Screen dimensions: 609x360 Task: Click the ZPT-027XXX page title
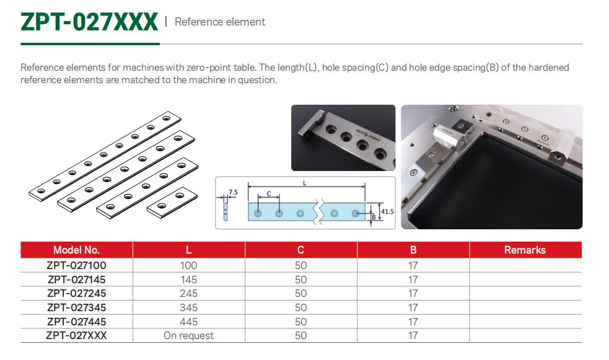[89, 22]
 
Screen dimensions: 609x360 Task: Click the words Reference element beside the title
[220, 22]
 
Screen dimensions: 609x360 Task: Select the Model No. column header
[77, 250]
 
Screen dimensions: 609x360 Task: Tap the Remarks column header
[525, 250]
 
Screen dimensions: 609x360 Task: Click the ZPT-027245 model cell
[77, 293]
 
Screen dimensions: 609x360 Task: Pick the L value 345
[189, 307]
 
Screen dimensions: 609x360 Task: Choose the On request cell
[188, 336]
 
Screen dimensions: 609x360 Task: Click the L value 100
[189, 265]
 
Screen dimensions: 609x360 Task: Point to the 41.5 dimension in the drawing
[387, 212]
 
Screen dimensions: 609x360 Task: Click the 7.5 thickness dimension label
[233, 192]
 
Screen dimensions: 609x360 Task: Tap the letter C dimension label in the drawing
[269, 193]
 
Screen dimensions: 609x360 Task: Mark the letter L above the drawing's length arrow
[305, 183]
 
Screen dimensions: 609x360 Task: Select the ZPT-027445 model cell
[77, 322]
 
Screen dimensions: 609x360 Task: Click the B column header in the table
[413, 250]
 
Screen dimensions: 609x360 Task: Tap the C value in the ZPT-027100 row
[300, 265]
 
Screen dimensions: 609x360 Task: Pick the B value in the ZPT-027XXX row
[413, 336]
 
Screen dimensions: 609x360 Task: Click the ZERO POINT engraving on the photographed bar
[368, 134]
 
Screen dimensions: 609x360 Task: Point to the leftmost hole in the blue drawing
[258, 214]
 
